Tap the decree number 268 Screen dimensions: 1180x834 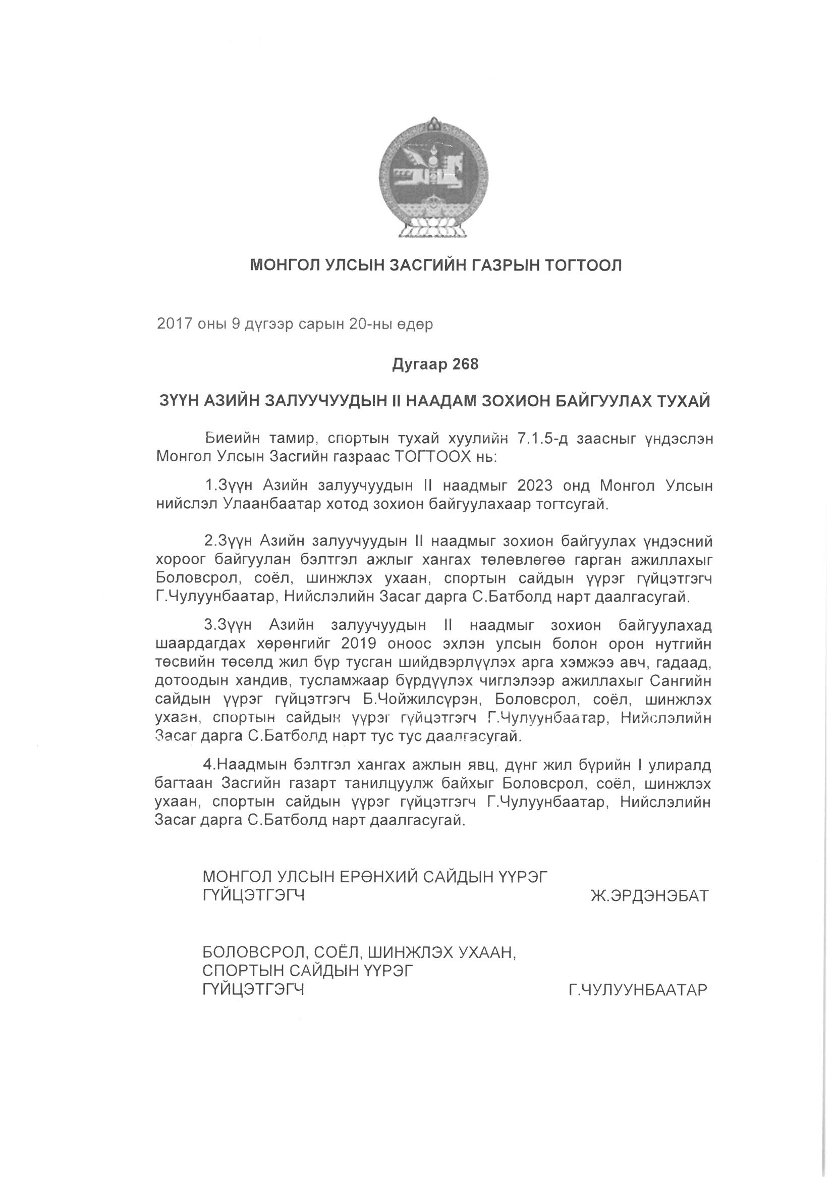[x=465, y=364]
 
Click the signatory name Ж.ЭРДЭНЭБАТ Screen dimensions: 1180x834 [x=649, y=896]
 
